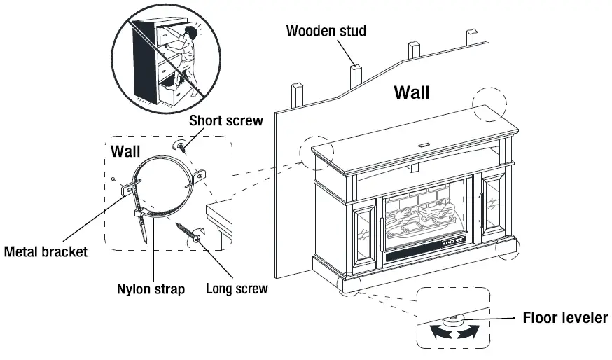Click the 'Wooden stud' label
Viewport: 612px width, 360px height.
326,31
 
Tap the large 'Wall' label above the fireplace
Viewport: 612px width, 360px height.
412,92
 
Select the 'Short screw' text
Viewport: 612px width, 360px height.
225,120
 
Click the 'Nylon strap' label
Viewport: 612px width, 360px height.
151,289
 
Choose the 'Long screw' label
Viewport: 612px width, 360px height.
237,289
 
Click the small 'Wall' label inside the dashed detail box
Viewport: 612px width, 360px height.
125,151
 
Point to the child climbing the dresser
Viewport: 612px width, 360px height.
183,56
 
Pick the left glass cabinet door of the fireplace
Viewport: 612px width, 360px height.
364,231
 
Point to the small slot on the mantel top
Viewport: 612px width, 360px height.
424,146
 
